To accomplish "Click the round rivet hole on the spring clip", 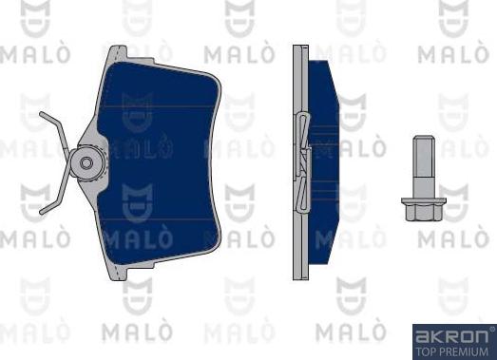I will pos(86,162).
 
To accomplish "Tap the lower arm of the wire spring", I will pos(52,197).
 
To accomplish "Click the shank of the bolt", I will pos(425,166).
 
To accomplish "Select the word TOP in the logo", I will pos(426,349).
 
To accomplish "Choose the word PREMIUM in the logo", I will pos(465,349).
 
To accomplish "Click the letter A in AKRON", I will pos(419,334).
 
